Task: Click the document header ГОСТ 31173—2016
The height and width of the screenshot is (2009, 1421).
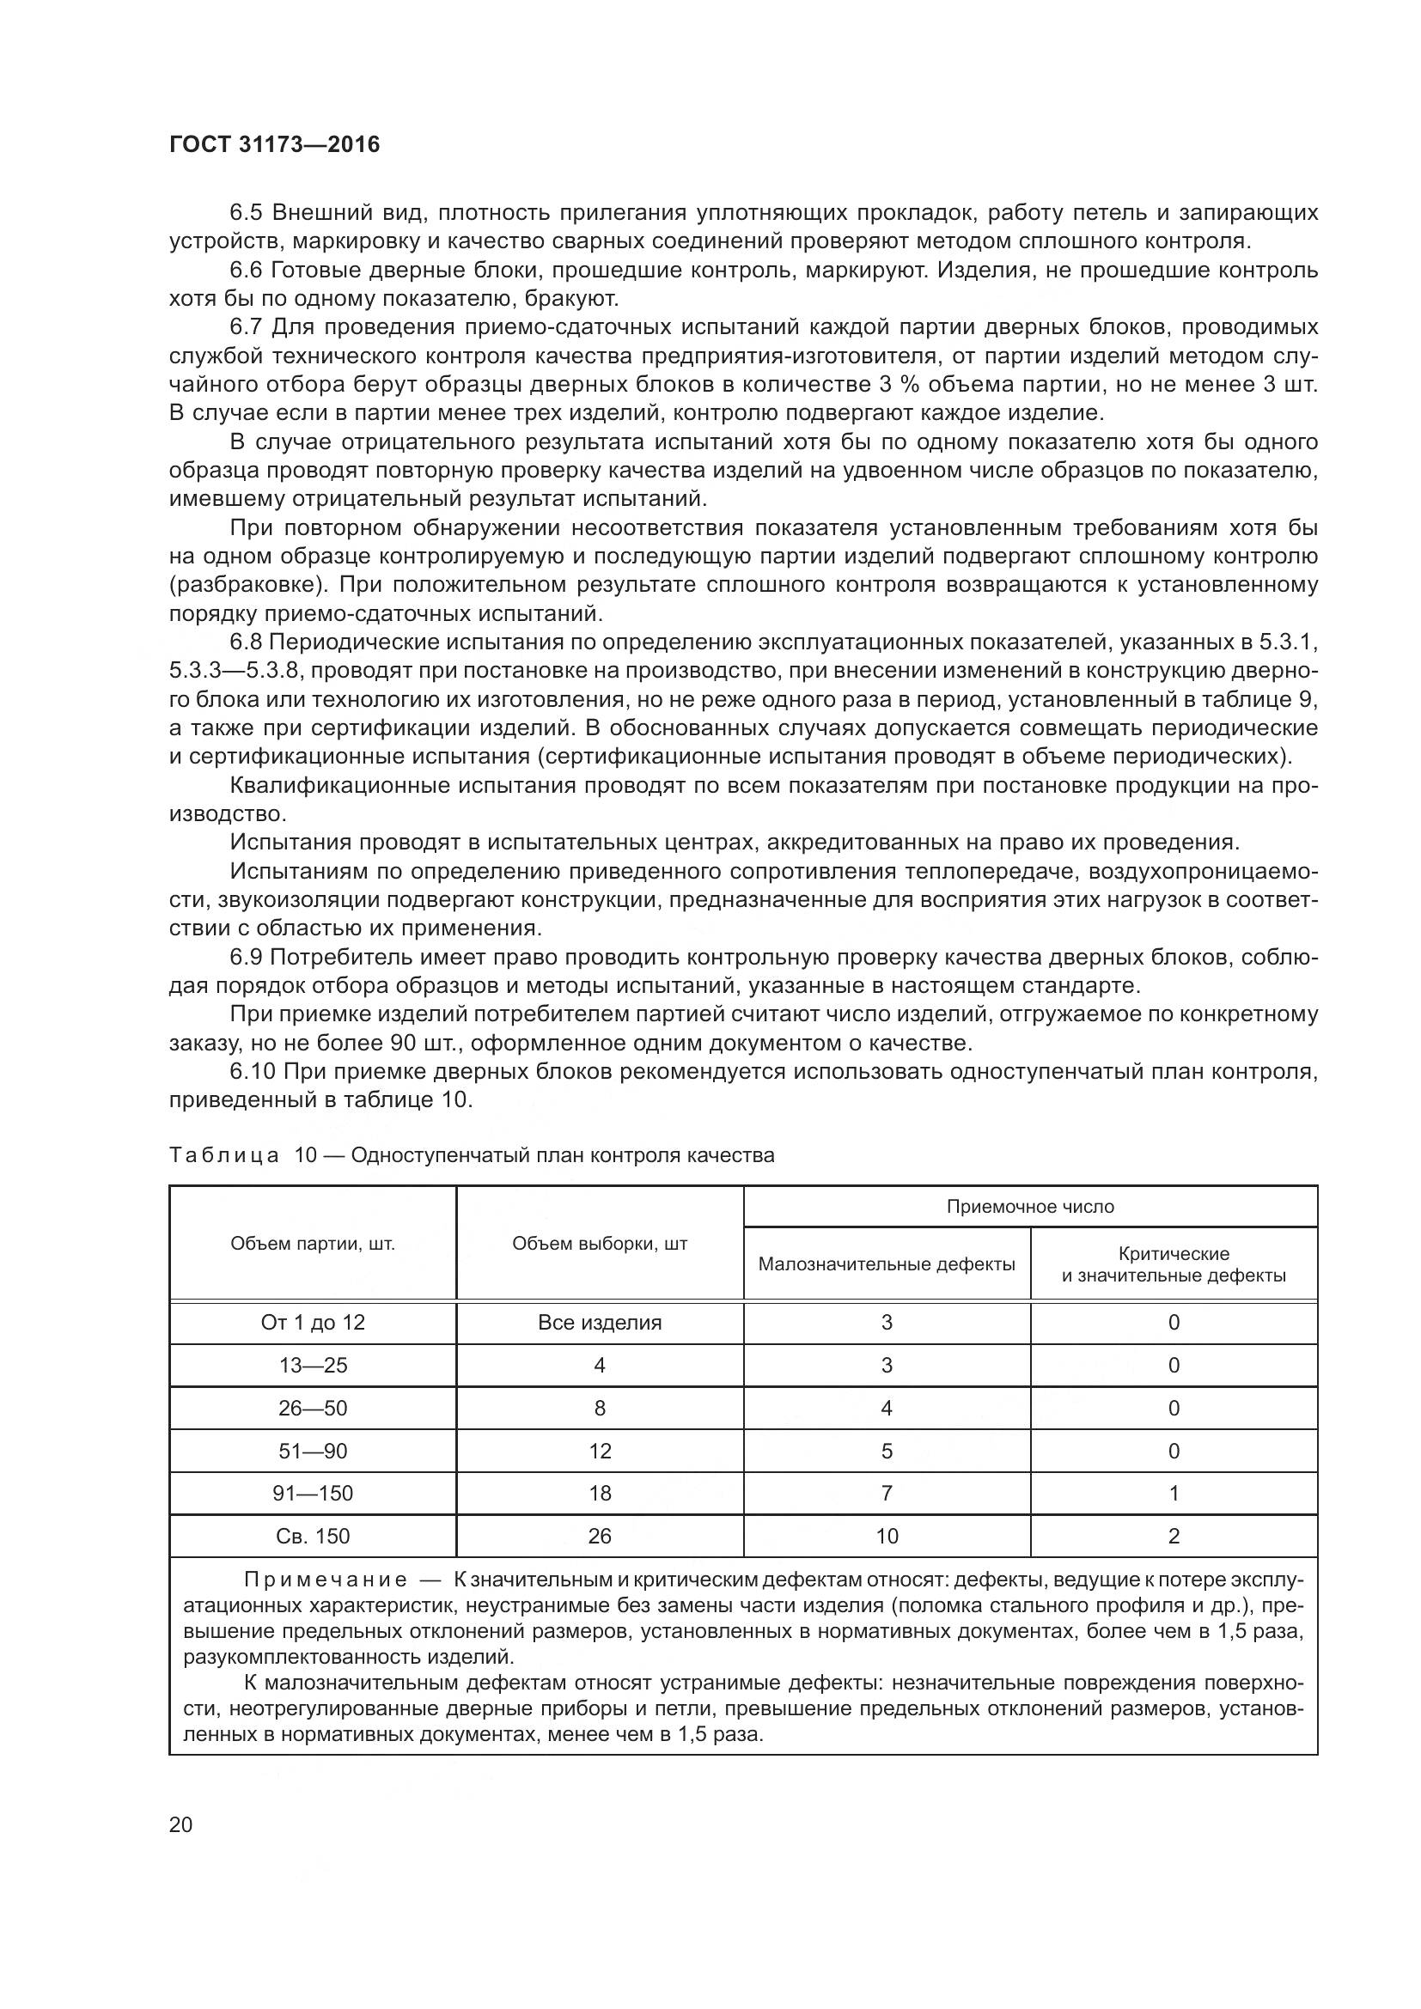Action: pyautogui.click(x=275, y=145)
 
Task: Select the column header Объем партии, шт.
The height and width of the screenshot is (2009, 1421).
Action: pyautogui.click(x=313, y=1244)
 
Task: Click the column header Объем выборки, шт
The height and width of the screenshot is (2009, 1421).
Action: pyautogui.click(x=600, y=1244)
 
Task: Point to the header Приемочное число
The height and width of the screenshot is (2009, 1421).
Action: pyautogui.click(x=1030, y=1207)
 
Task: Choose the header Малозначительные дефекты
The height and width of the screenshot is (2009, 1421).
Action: pyautogui.click(x=887, y=1263)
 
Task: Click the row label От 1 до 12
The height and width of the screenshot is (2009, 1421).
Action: pyautogui.click(x=313, y=1322)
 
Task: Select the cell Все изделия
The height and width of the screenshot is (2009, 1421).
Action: pyautogui.click(x=600, y=1322)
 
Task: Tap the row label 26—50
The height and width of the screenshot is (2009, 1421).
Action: pyautogui.click(x=313, y=1408)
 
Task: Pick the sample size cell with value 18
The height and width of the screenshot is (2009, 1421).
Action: pyautogui.click(x=600, y=1493)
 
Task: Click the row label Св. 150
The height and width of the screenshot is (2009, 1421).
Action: pyautogui.click(x=313, y=1536)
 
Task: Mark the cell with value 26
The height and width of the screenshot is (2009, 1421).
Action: pyautogui.click(x=600, y=1536)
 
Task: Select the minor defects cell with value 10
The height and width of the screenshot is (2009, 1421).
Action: pyautogui.click(x=887, y=1536)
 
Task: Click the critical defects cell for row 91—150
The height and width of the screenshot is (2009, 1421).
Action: pyautogui.click(x=1174, y=1493)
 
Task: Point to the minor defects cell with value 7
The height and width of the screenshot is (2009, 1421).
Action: pyautogui.click(x=887, y=1493)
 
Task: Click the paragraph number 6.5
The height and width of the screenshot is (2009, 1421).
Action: pyautogui.click(x=246, y=213)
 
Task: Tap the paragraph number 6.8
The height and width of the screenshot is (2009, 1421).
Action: pyautogui.click(x=246, y=642)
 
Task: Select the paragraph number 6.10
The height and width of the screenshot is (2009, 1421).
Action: pyautogui.click(x=253, y=1071)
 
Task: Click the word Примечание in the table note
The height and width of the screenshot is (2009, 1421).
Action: pyautogui.click(x=325, y=1580)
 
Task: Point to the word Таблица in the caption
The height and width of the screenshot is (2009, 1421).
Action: pyautogui.click(x=224, y=1155)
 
